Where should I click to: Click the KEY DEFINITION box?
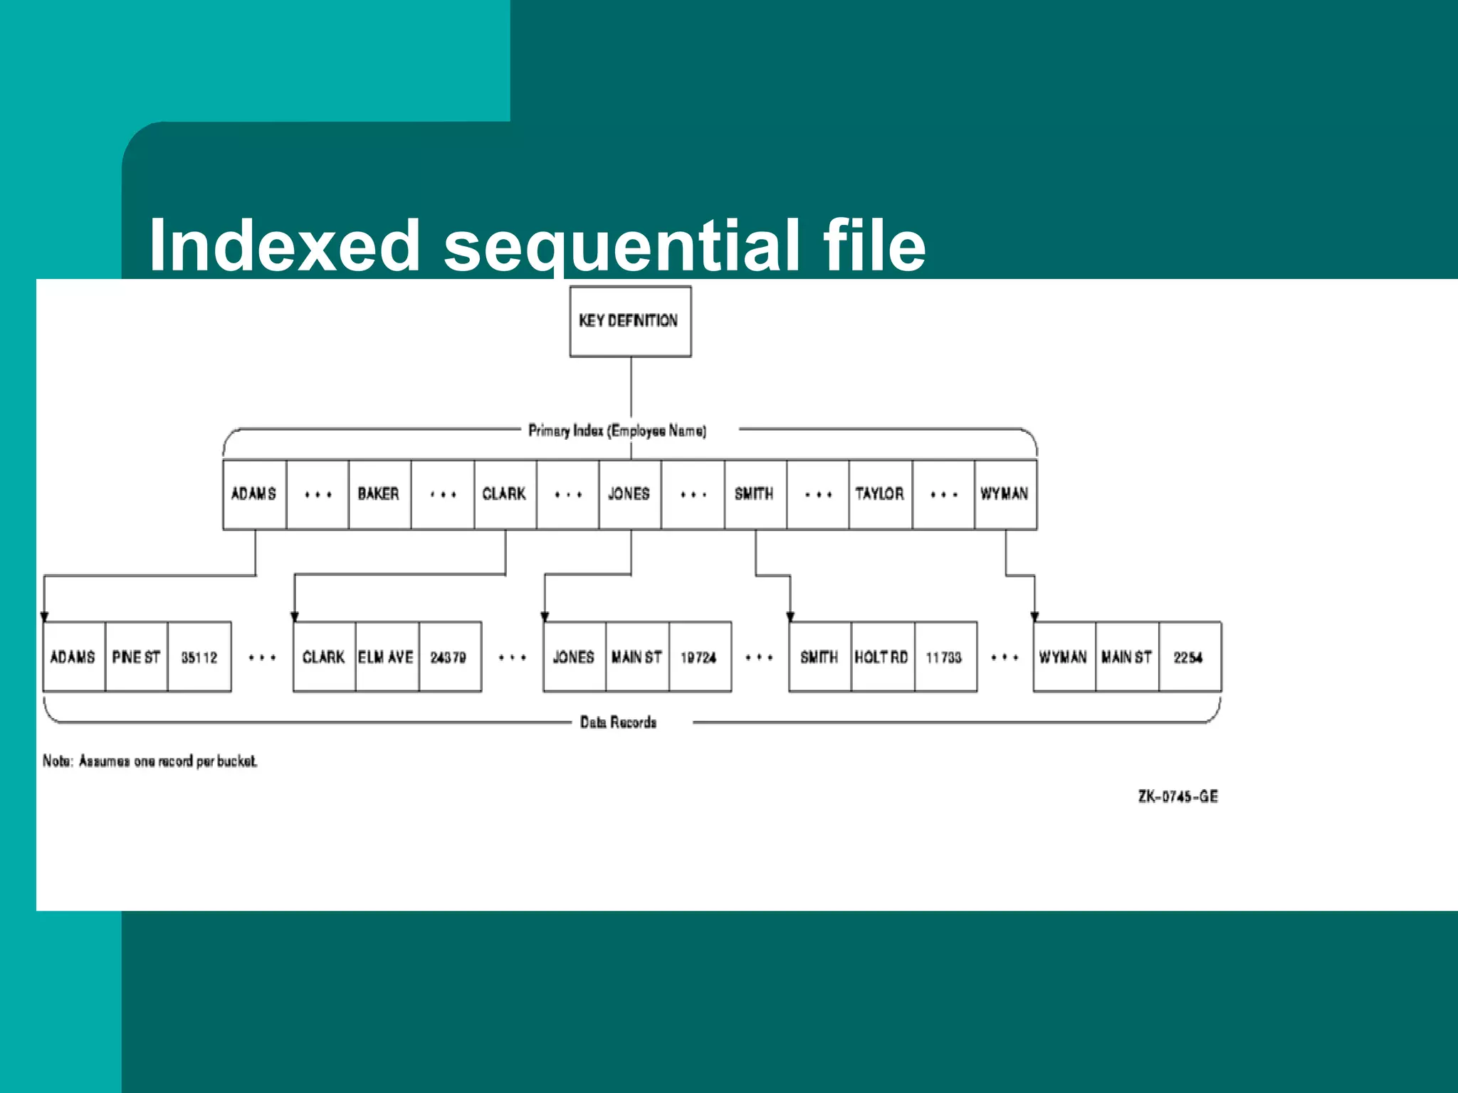coord(630,321)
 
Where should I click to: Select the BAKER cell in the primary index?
coord(379,494)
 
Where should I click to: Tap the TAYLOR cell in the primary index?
coord(880,494)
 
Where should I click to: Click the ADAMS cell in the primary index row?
coord(254,494)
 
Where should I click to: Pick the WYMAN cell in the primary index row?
coord(1005,494)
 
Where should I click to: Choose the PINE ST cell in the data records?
coord(136,657)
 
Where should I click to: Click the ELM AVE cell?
coord(387,657)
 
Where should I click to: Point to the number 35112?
coord(199,658)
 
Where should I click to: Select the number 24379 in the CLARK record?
coord(449,658)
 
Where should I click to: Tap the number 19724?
coord(698,658)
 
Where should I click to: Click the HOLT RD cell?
coord(882,657)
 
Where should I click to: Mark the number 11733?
coord(944,658)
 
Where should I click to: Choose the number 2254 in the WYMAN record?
coord(1188,658)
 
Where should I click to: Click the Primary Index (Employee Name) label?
coord(617,431)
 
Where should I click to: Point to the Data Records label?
coord(618,722)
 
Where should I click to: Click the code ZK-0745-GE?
coord(1178,796)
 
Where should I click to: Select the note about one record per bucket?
coord(150,761)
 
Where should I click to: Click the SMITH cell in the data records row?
coord(819,657)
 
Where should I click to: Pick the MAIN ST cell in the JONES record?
coord(636,657)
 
